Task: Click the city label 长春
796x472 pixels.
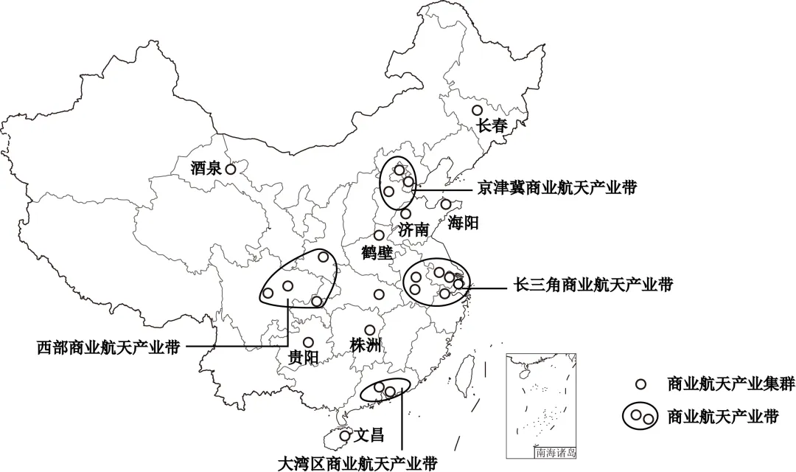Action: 493,126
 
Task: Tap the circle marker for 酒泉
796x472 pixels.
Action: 231,169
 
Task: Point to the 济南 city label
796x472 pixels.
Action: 413,229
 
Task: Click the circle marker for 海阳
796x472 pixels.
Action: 446,204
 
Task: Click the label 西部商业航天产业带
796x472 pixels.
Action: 108,347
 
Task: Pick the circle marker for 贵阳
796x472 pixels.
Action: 308,342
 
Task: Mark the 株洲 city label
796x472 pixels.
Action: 366,345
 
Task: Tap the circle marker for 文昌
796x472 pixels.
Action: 344,436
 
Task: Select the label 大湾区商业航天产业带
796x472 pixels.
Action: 357,463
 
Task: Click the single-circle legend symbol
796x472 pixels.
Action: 641,383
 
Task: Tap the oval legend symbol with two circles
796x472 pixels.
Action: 641,417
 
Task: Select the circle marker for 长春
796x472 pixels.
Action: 477,111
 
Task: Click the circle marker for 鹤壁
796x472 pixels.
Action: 379,235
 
